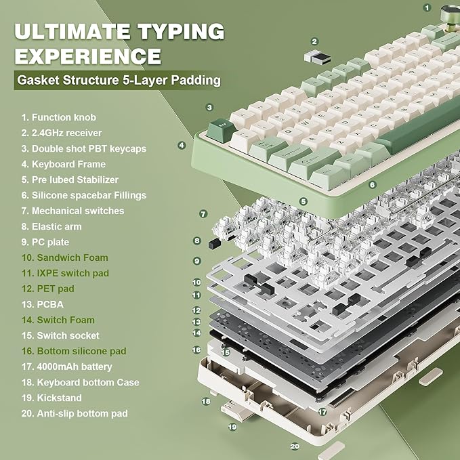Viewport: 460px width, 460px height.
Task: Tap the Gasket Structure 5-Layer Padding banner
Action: coord(119,81)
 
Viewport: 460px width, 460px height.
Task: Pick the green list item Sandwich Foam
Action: coord(64,257)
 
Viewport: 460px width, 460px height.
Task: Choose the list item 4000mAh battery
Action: coord(66,367)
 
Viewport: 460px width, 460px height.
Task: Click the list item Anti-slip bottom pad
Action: coord(75,413)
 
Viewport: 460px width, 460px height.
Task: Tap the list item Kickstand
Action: coord(51,398)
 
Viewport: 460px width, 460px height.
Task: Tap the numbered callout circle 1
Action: coord(427,7)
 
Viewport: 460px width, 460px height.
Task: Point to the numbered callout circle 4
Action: coord(182,145)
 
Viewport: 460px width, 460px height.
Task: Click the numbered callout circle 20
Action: coord(295,446)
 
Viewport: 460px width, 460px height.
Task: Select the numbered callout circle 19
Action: coord(232,427)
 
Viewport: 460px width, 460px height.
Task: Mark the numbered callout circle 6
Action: coord(372,184)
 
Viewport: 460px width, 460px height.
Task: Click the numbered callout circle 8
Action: coord(196,240)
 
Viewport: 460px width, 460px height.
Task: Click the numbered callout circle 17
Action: coord(322,411)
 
